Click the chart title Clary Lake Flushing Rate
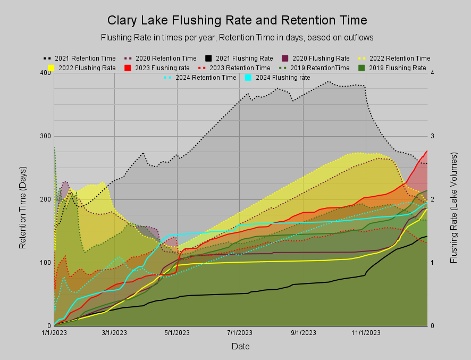point(237,21)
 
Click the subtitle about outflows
point(237,38)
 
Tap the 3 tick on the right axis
point(433,136)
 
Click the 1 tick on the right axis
point(433,263)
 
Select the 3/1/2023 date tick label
point(114,333)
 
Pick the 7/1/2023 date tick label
point(240,333)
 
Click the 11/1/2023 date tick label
point(366,333)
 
